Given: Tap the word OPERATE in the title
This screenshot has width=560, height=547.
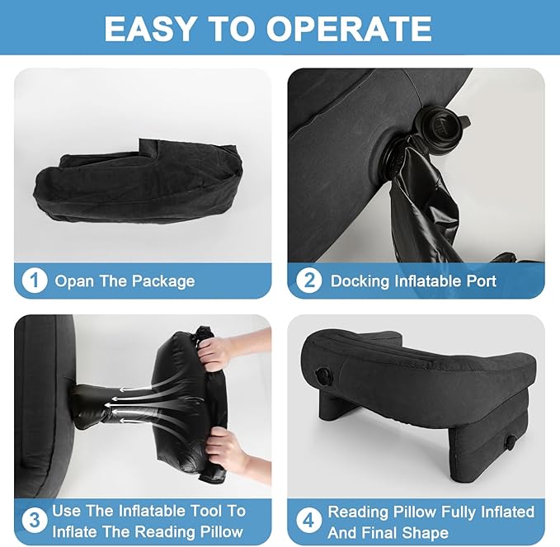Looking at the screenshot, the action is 349,29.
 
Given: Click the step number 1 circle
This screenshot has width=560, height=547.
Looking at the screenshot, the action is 35,281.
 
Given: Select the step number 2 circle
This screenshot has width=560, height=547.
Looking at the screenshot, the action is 309,281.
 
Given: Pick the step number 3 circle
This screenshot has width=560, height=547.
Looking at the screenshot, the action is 35,521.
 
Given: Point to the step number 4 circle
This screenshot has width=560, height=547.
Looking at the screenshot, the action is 309,521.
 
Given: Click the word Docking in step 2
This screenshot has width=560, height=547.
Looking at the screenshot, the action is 360,281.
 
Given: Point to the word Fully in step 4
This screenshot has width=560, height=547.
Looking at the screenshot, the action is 459,512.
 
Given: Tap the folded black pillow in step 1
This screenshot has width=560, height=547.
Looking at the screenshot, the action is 138,181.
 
